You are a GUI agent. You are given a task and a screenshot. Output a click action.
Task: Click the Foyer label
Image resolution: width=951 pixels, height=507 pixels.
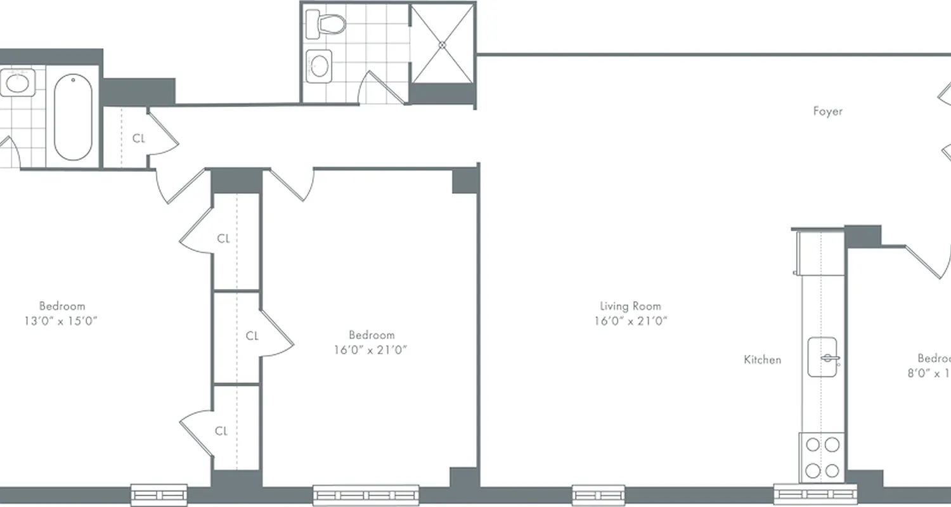click(x=828, y=112)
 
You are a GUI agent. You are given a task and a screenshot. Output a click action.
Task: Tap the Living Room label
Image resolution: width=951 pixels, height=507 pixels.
click(x=630, y=306)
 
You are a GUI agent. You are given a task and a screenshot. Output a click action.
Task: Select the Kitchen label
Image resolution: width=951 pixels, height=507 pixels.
click(x=762, y=360)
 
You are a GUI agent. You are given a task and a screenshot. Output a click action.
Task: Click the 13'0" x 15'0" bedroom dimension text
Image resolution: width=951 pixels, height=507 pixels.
click(x=61, y=321)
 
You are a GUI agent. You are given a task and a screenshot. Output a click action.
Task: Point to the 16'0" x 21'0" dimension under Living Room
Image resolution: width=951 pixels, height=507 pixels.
click(x=630, y=321)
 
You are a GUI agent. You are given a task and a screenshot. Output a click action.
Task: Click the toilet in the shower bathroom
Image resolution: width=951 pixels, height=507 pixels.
click(x=325, y=23)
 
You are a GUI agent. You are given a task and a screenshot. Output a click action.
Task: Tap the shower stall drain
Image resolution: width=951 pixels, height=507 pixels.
click(x=443, y=44)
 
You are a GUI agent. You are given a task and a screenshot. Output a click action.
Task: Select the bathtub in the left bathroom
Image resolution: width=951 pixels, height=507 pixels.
click(x=73, y=118)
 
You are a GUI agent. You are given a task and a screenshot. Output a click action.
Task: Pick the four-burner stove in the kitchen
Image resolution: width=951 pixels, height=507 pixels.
click(x=822, y=457)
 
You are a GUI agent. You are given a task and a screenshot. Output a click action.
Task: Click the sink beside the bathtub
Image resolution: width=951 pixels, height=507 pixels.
click(x=16, y=82)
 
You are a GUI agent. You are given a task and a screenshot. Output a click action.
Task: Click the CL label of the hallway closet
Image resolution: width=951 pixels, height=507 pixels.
click(x=139, y=138)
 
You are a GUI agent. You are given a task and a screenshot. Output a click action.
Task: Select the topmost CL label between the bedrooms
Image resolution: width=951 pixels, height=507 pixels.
click(x=223, y=239)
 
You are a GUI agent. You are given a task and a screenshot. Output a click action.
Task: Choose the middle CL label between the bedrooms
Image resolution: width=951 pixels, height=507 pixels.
click(x=252, y=336)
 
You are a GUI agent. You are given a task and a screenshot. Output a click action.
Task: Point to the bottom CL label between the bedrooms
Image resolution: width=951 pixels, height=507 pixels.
click(x=221, y=432)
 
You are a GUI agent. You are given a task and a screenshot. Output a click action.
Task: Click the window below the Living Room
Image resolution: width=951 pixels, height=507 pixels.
click(x=598, y=494)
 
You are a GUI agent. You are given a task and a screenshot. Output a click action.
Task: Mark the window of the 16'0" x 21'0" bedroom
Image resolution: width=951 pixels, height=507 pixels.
click(x=366, y=494)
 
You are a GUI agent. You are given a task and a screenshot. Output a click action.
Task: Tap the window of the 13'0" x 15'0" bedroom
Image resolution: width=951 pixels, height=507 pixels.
click(x=158, y=494)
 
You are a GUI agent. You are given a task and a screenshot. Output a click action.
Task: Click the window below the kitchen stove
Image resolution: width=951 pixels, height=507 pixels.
click(x=813, y=494)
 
